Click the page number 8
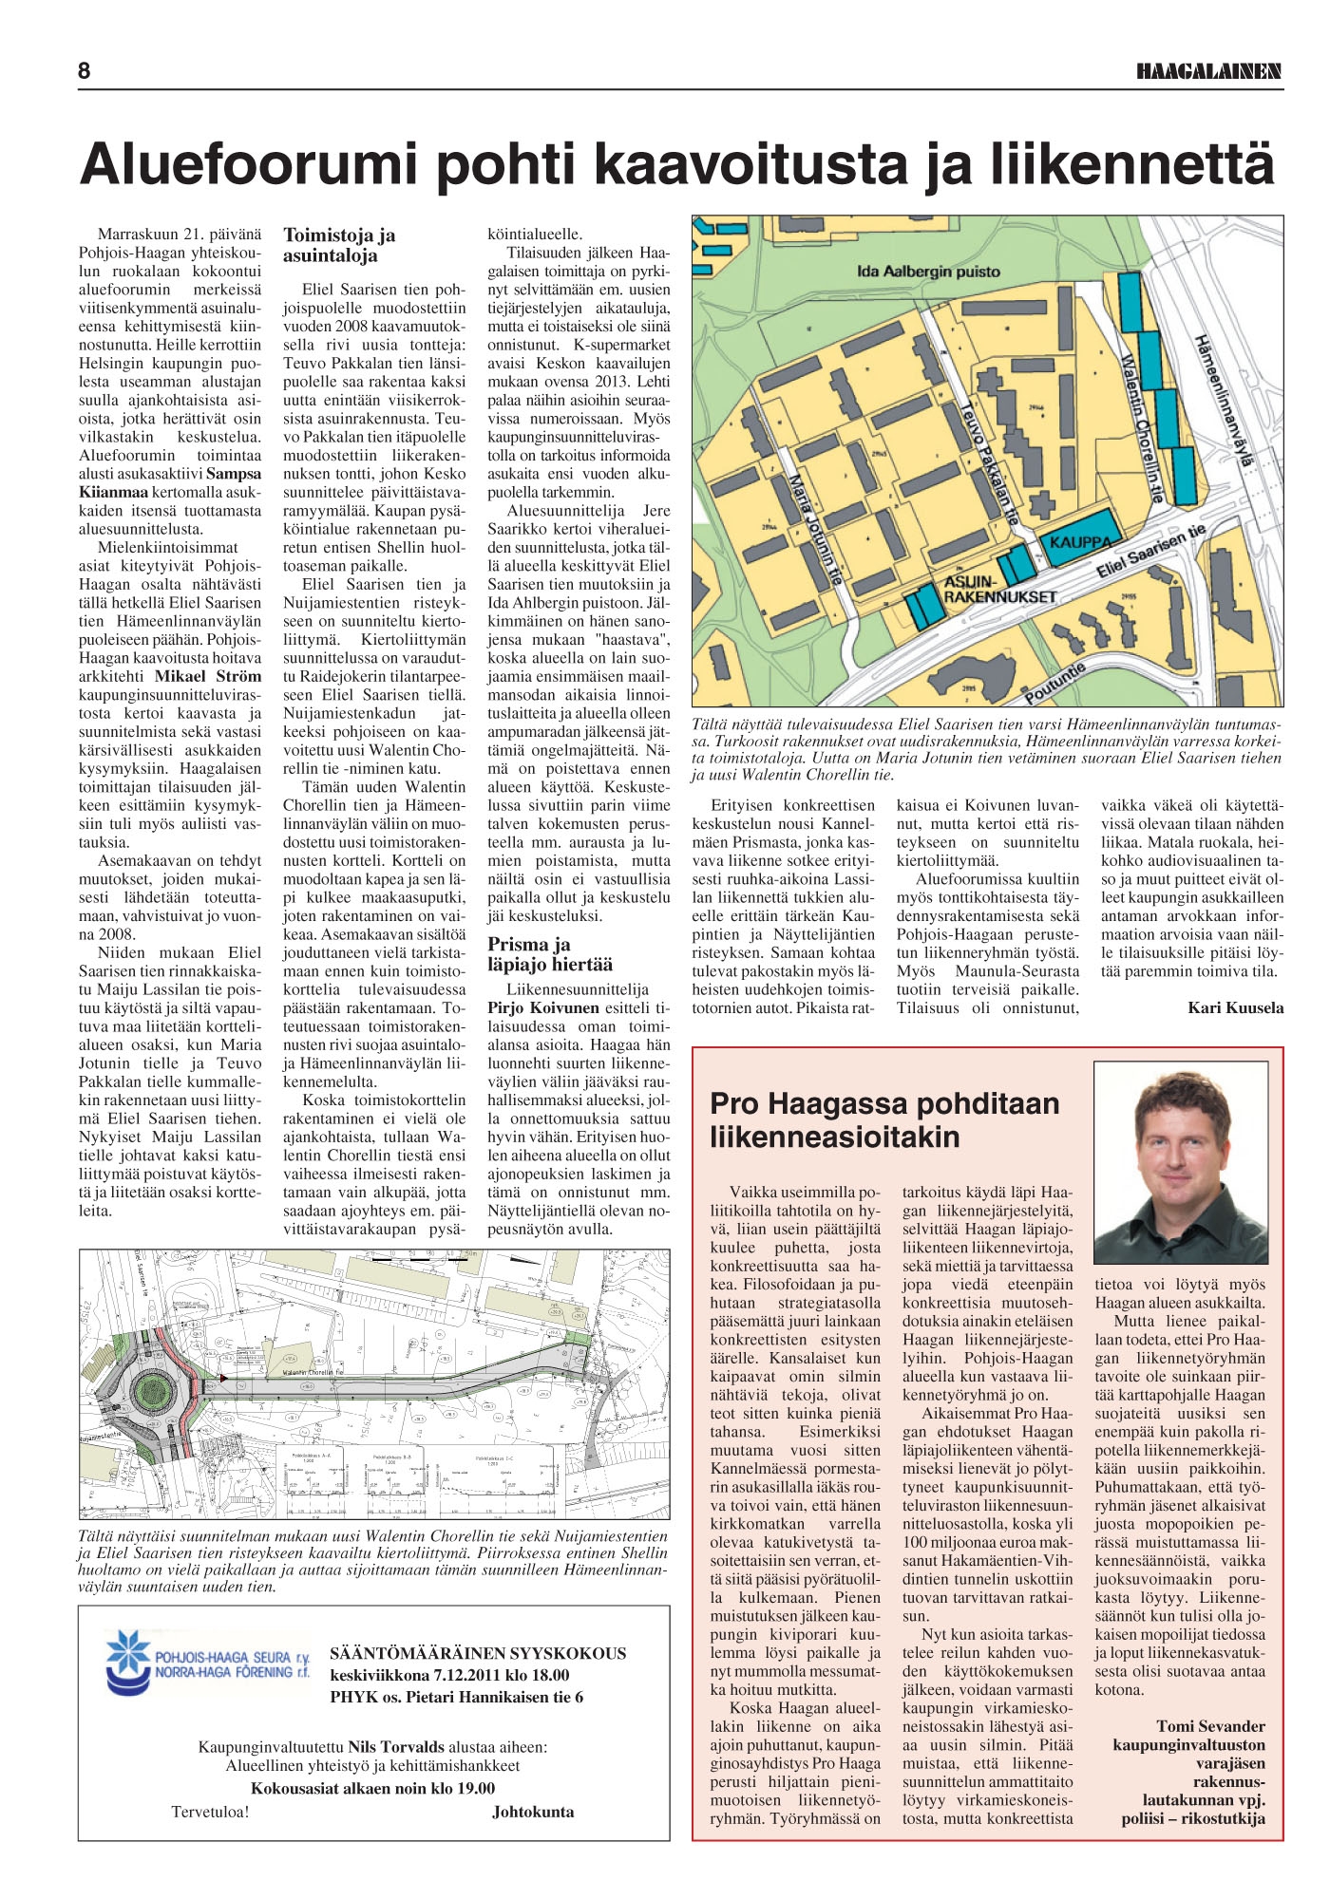tap(85, 71)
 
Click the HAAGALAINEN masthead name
tap(1208, 71)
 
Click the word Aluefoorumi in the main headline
tap(249, 163)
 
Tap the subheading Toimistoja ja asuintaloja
tap(339, 245)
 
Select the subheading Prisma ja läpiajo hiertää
tap(550, 954)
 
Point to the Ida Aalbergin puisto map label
tap(928, 272)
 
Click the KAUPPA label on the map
tap(1080, 542)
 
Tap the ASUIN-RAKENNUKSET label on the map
tap(999, 589)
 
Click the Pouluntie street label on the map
tap(1054, 684)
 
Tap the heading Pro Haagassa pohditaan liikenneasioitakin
tap(884, 1119)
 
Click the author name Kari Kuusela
tap(1235, 1007)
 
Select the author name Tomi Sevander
tap(1210, 1726)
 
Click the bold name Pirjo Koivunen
tap(543, 1007)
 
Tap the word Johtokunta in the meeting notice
tap(533, 1812)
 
